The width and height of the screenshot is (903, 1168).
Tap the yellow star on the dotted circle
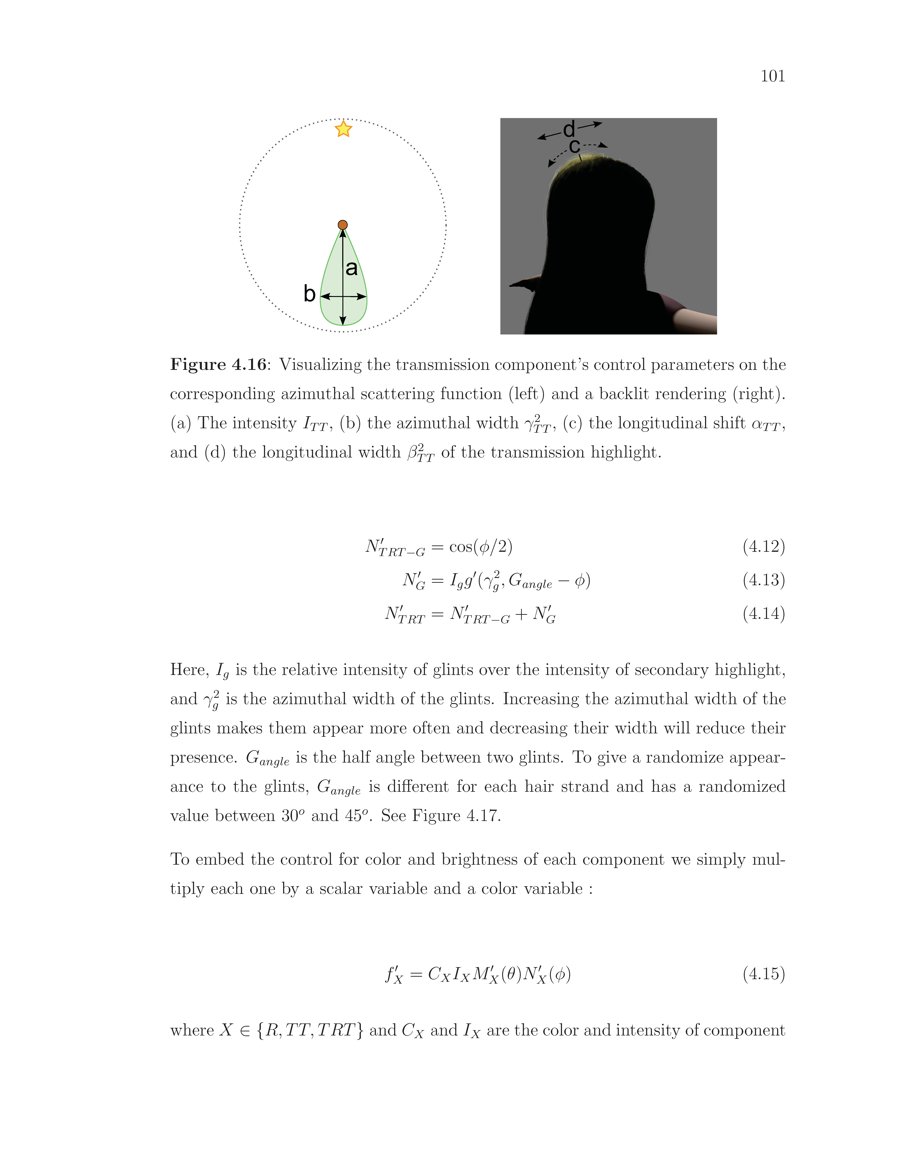(343, 129)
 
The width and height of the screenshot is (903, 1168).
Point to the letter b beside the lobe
(309, 294)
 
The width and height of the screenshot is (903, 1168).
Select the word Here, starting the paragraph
(189, 670)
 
